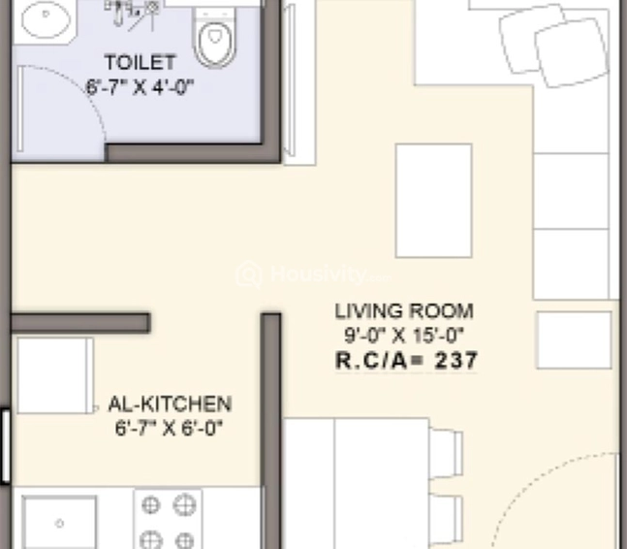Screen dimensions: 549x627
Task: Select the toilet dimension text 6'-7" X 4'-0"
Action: coord(141,85)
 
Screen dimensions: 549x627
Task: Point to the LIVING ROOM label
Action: coord(404,311)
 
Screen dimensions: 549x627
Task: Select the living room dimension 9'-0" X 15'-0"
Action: coord(404,337)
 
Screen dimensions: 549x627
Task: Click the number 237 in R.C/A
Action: coord(456,361)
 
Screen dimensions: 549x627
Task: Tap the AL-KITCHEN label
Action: coord(170,404)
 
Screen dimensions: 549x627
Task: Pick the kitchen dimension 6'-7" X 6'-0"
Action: coord(170,426)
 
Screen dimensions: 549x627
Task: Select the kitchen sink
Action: coord(59,523)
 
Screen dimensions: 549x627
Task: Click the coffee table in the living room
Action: coord(433,201)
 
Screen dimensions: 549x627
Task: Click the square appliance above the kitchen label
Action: coord(54,375)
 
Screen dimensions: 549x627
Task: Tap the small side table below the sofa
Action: coord(574,339)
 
